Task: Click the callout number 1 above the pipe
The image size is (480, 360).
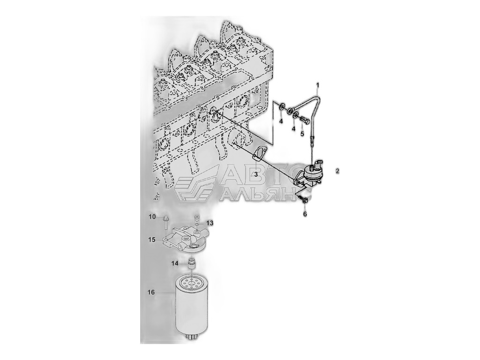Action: [x=318, y=84]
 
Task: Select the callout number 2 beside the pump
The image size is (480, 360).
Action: [x=337, y=171]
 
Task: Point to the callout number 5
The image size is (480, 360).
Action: [x=302, y=134]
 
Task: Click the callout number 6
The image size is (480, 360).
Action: [x=305, y=214]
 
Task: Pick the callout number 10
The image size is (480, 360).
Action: [x=152, y=217]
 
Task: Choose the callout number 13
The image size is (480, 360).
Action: [x=210, y=223]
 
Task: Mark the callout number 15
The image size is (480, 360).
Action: [x=152, y=240]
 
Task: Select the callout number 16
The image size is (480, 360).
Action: [x=151, y=292]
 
